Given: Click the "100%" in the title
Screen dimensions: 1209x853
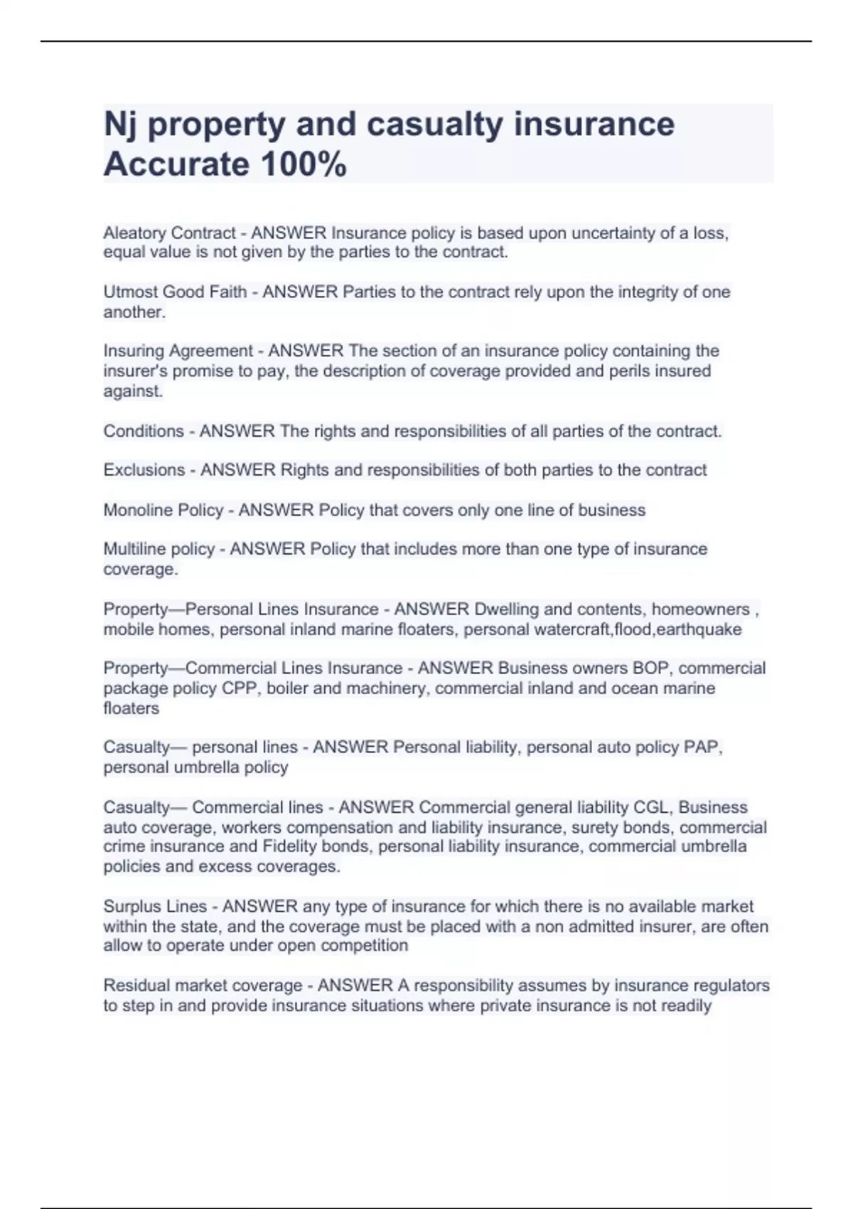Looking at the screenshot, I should pos(304,165).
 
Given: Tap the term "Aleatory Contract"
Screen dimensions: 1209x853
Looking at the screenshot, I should pos(169,233).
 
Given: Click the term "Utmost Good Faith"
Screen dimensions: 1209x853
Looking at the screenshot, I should pos(175,292).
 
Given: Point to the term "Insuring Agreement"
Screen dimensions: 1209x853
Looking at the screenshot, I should pos(178,351).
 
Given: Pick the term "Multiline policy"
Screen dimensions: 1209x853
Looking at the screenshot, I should pos(159,549).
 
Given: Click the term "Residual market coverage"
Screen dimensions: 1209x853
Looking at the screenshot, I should pos(203,986).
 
